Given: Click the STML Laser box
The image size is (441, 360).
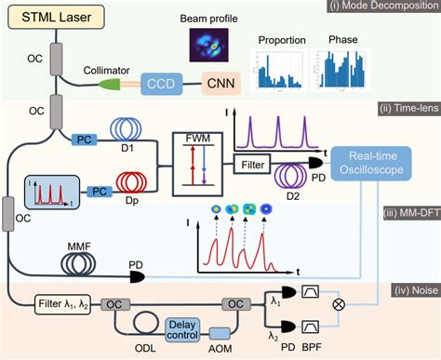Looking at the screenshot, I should click(51, 19).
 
